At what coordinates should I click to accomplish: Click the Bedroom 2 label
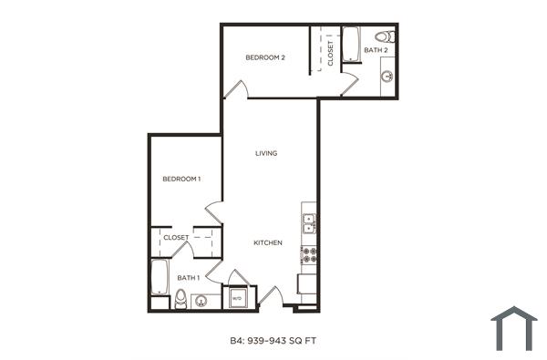265,57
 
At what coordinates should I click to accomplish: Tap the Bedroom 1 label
181,179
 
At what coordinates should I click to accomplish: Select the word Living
266,153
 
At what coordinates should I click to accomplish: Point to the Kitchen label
267,243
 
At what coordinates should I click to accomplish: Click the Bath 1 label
188,277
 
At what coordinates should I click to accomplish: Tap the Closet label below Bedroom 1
176,238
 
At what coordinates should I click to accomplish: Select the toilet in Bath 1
181,298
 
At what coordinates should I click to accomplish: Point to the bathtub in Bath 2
350,45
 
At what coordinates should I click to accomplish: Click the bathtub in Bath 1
160,278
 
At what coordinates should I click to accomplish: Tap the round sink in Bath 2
388,77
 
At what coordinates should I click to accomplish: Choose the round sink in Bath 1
201,300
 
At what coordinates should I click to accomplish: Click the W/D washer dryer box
235,298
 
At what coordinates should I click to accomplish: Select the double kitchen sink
309,220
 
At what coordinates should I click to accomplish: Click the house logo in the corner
513,328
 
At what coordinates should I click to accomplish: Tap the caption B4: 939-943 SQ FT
273,342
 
